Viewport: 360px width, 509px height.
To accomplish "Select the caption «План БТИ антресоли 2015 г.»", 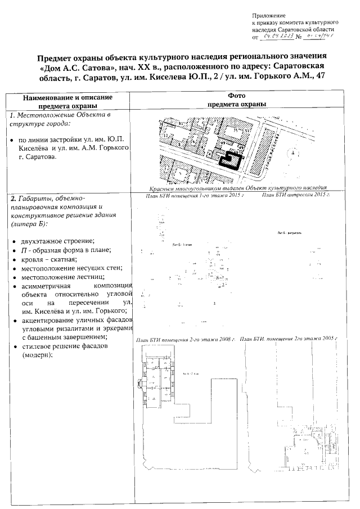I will [x=296, y=195].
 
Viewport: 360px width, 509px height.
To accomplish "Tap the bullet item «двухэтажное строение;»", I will [x=54, y=241].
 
